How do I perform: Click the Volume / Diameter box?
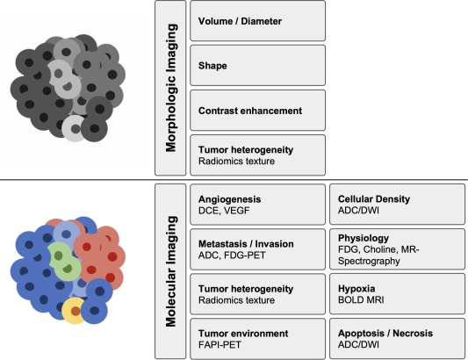pos(257,21)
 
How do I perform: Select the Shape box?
pos(257,65)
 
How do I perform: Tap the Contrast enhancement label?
pos(250,111)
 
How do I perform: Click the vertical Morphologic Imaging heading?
pos(171,88)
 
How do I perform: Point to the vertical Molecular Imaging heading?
pos(171,271)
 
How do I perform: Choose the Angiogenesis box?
pos(257,205)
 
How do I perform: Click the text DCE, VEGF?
pos(224,211)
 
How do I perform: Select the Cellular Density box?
pos(397,205)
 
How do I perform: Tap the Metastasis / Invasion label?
pos(246,244)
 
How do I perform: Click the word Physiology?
pos(364,238)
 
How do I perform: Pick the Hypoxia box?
pos(397,294)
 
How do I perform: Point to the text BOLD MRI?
pos(361,299)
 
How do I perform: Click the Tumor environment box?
pos(257,339)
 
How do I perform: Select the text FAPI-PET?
pos(220,345)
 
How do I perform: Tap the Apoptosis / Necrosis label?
pos(385,333)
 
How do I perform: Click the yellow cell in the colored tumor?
pos(73,311)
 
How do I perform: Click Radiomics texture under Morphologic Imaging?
pos(237,162)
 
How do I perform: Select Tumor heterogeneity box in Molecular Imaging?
pos(257,294)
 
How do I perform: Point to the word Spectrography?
pos(369,261)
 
